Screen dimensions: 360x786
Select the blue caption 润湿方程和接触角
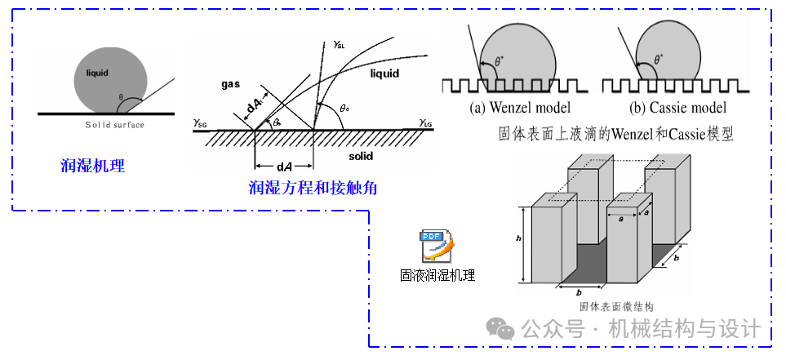tap(313, 189)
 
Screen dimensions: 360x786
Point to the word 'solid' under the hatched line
tap(361, 153)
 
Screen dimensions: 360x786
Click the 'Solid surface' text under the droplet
tap(115, 125)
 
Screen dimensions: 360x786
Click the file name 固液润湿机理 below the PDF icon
tap(437, 275)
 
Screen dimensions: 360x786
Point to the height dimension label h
tap(520, 238)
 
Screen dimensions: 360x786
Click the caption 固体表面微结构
tap(616, 307)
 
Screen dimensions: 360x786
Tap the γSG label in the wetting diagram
tap(201, 122)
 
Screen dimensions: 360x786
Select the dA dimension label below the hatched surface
tap(285, 167)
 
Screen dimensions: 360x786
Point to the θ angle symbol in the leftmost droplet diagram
tap(120, 97)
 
